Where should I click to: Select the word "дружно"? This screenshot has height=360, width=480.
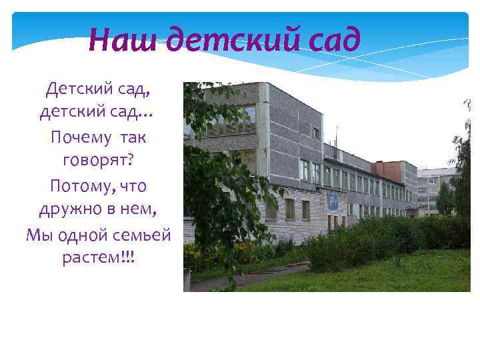[x=69, y=210]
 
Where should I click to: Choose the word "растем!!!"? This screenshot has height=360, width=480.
[x=98, y=258]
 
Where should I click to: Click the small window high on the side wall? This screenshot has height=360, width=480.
[x=315, y=133]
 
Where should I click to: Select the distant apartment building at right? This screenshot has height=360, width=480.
[x=433, y=190]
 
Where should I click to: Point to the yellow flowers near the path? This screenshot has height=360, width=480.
[x=193, y=257]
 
